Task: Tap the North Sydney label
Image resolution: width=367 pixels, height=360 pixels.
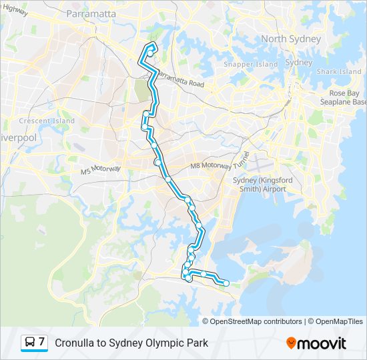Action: tap(290, 39)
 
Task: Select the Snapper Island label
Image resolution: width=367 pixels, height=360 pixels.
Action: tap(250, 65)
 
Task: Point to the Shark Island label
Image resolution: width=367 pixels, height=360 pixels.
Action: tap(339, 71)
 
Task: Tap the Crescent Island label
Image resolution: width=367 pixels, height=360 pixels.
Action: tap(47, 121)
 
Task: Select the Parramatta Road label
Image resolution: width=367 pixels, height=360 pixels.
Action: tap(181, 81)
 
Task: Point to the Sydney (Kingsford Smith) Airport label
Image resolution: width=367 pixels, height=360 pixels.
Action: tap(259, 184)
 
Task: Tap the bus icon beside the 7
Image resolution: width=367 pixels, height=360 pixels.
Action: tap(30, 343)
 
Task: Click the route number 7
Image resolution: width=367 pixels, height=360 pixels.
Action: tap(41, 342)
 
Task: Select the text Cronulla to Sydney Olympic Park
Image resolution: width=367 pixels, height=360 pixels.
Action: tap(131, 343)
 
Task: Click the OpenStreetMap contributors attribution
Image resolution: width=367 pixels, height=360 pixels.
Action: tap(256, 321)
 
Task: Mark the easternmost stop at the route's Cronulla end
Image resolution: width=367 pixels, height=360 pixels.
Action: tap(226, 283)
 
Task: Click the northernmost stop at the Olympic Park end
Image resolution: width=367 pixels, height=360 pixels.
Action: tap(151, 47)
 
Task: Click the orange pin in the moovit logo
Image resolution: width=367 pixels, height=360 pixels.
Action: tap(291, 343)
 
